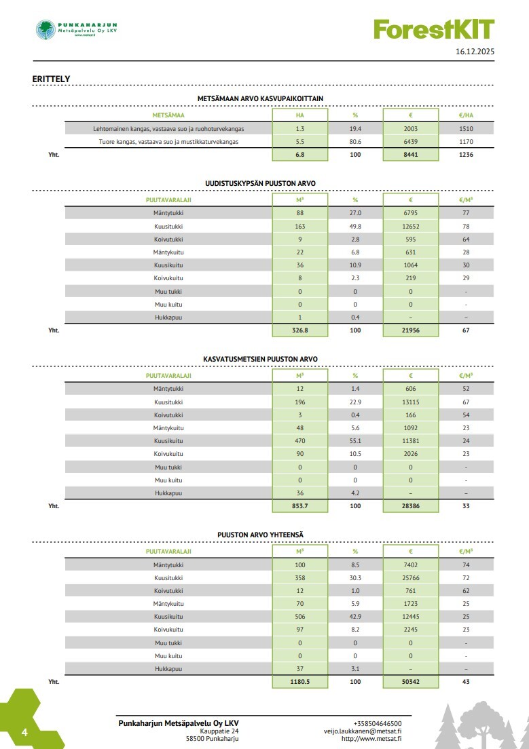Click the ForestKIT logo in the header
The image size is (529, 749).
[x=433, y=29]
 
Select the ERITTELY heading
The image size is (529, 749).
[x=51, y=79]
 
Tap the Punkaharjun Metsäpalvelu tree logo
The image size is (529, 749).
[x=46, y=29]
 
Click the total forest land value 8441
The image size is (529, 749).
[x=411, y=155]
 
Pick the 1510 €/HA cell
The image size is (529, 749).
[x=466, y=128]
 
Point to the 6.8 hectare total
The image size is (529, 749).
[x=299, y=155]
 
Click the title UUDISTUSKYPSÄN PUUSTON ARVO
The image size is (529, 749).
[x=260, y=183]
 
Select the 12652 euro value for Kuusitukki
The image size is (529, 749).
[x=411, y=226]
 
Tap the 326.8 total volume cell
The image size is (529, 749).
[x=299, y=330]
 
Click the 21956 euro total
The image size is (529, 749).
[x=411, y=330]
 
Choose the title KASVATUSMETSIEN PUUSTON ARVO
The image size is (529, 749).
[x=260, y=359]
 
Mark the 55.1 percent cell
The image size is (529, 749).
[x=355, y=440]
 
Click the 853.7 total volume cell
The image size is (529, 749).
[x=299, y=506]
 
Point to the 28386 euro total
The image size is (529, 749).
[x=411, y=506]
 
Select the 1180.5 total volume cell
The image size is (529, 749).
[x=299, y=682]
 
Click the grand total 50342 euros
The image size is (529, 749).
[x=411, y=682]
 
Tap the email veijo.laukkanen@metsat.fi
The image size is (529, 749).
[x=363, y=731]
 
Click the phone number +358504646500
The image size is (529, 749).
[x=378, y=723]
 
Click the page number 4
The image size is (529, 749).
[x=24, y=733]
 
